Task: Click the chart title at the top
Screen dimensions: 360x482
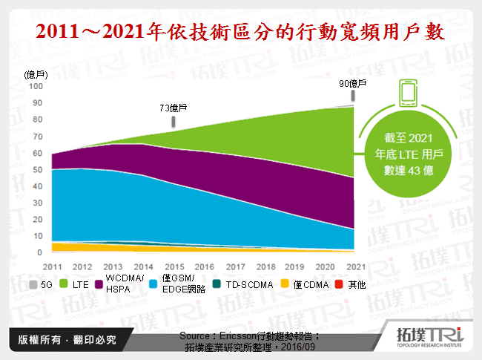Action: tap(241, 33)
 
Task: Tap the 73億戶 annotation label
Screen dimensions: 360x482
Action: tap(173, 108)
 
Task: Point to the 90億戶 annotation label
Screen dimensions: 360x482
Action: tap(354, 82)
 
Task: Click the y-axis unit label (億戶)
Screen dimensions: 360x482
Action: tap(36, 74)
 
